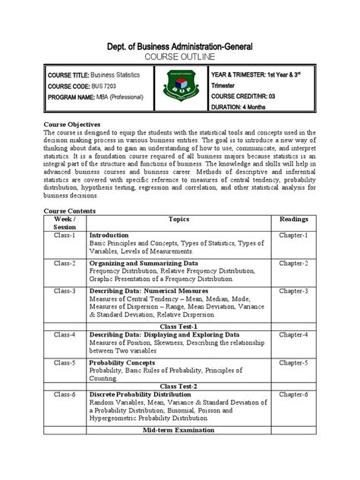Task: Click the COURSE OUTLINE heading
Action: [180, 57]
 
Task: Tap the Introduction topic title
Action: [109, 235]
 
